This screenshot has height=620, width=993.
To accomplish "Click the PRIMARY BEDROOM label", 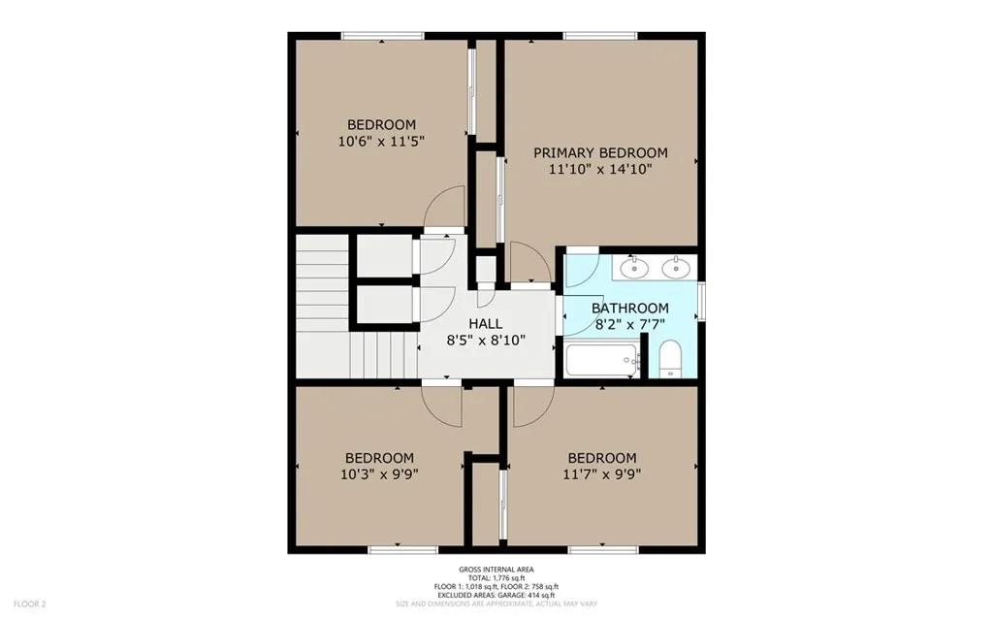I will click(600, 152).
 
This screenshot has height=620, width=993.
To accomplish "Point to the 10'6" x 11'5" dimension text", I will click(381, 141).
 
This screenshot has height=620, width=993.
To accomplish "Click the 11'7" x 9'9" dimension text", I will click(602, 474).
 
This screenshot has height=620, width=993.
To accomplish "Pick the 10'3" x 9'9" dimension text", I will click(380, 474).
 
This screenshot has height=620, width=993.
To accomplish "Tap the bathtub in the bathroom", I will click(602, 361).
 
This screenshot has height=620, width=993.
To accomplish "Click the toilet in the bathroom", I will click(670, 361).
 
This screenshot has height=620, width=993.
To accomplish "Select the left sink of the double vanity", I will click(633, 268).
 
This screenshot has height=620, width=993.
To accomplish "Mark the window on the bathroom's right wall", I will click(702, 300).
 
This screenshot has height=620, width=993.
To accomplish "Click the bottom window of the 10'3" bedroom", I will click(397, 549).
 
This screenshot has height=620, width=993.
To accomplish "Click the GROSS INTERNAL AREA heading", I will click(496, 570).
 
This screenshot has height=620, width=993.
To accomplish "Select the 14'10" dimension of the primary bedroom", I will click(628, 169).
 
